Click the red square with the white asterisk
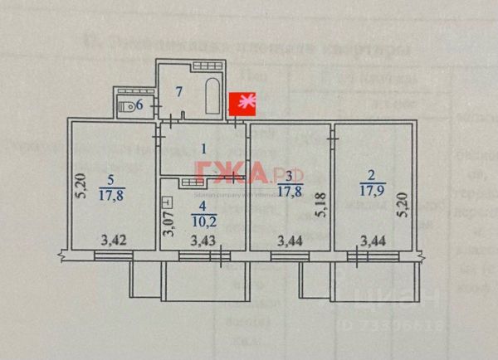point(243,104)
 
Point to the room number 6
point(139,105)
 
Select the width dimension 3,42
point(114,241)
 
